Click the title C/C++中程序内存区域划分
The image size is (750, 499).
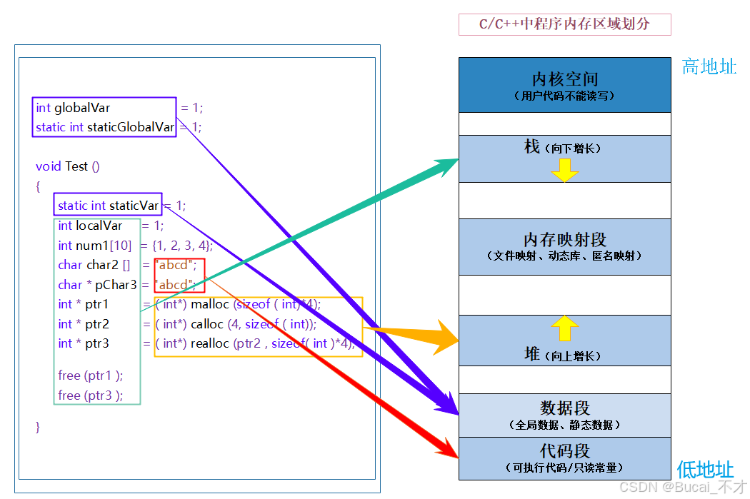(x=564, y=24)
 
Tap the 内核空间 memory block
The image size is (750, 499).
(x=564, y=84)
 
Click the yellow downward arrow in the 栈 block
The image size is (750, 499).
(x=564, y=170)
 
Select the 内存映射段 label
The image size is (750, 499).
(x=564, y=240)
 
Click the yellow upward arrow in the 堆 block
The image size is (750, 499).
(x=564, y=328)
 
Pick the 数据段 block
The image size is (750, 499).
(x=564, y=415)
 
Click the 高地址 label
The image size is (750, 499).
(x=709, y=67)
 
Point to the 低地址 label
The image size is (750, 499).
(x=705, y=470)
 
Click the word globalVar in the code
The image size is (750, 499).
(x=82, y=108)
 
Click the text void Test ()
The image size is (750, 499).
(x=68, y=166)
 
